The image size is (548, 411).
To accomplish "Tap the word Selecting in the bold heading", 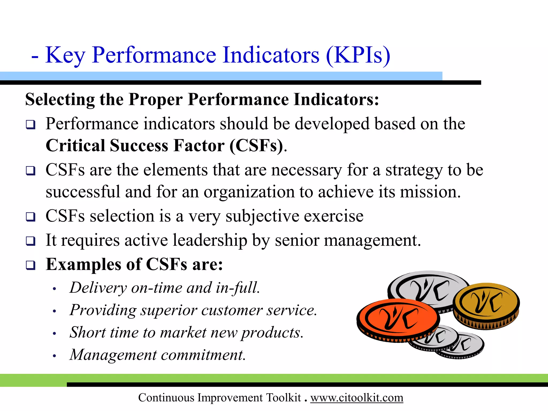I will [60, 100].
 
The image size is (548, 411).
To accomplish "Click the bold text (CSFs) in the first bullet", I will [256, 146].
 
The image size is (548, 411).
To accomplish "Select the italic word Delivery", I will [98, 288].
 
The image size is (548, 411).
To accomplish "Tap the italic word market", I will [183, 333].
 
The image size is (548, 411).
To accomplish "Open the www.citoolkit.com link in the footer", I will [357, 398].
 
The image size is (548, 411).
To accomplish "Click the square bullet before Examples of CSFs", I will [31, 265].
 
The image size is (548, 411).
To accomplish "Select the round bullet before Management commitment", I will [54, 356].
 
